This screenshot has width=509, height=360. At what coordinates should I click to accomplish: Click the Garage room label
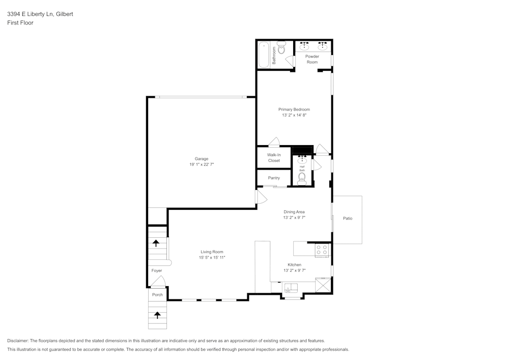click(x=202, y=159)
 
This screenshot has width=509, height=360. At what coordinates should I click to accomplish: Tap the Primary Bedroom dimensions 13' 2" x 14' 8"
click(x=294, y=116)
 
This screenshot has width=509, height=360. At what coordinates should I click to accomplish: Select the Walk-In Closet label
click(x=274, y=157)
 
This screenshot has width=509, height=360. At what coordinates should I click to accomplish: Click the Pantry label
click(x=274, y=178)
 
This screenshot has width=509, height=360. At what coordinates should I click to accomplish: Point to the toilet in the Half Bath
click(x=302, y=178)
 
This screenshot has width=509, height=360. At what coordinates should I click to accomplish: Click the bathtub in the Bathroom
click(x=264, y=55)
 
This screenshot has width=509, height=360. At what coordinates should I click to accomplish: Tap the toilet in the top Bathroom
click(x=281, y=49)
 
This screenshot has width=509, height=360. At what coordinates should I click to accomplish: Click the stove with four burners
click(x=322, y=250)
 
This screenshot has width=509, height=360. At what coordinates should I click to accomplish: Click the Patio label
click(x=348, y=218)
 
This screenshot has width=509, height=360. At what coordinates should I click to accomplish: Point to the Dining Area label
click(x=294, y=212)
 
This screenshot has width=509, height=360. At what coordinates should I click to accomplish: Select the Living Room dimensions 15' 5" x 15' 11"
click(x=212, y=258)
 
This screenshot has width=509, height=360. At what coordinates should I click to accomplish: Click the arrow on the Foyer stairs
click(x=157, y=243)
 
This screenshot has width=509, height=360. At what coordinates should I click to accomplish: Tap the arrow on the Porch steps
click(x=157, y=315)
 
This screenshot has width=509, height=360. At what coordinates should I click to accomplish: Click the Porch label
click(x=157, y=295)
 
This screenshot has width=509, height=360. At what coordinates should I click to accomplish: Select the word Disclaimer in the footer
click(x=18, y=341)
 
